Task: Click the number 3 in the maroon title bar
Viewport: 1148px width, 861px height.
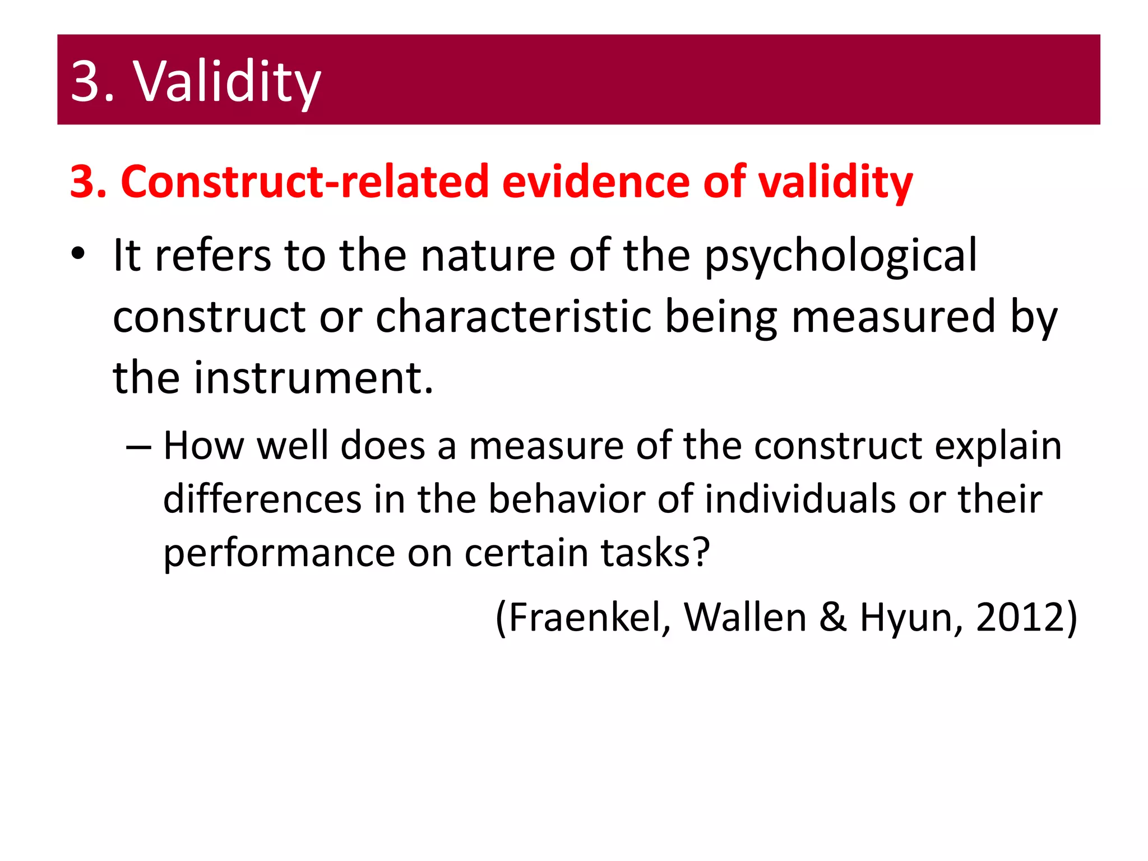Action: [85, 81]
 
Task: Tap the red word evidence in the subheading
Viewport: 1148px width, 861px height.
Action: [595, 182]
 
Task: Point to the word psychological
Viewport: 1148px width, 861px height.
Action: [840, 256]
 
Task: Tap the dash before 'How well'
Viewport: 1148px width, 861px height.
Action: [138, 446]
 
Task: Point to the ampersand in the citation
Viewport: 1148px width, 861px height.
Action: [832, 617]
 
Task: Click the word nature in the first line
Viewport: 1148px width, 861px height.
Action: [488, 256]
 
